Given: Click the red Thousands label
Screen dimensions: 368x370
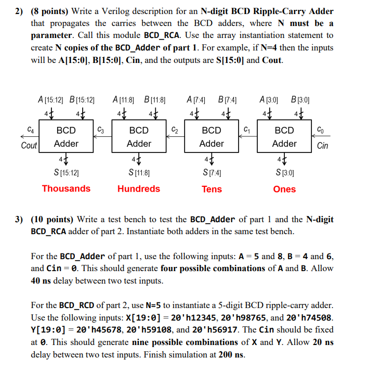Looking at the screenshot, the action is (x=66, y=188).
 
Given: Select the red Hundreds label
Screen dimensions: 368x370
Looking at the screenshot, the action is (x=139, y=188).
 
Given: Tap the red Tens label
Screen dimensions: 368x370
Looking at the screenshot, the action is (x=212, y=189).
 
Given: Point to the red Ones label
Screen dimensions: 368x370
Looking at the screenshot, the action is (x=284, y=189).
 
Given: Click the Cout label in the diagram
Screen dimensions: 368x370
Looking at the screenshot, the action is (x=29, y=145).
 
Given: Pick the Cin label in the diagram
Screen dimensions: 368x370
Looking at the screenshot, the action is (x=322, y=145).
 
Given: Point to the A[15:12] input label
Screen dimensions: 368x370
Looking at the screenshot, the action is (x=50, y=99).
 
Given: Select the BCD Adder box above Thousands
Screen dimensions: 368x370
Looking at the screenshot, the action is (x=66, y=137).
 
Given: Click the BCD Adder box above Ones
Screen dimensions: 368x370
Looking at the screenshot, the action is (x=284, y=137).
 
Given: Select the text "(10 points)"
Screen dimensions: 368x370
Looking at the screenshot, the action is (x=55, y=219).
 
